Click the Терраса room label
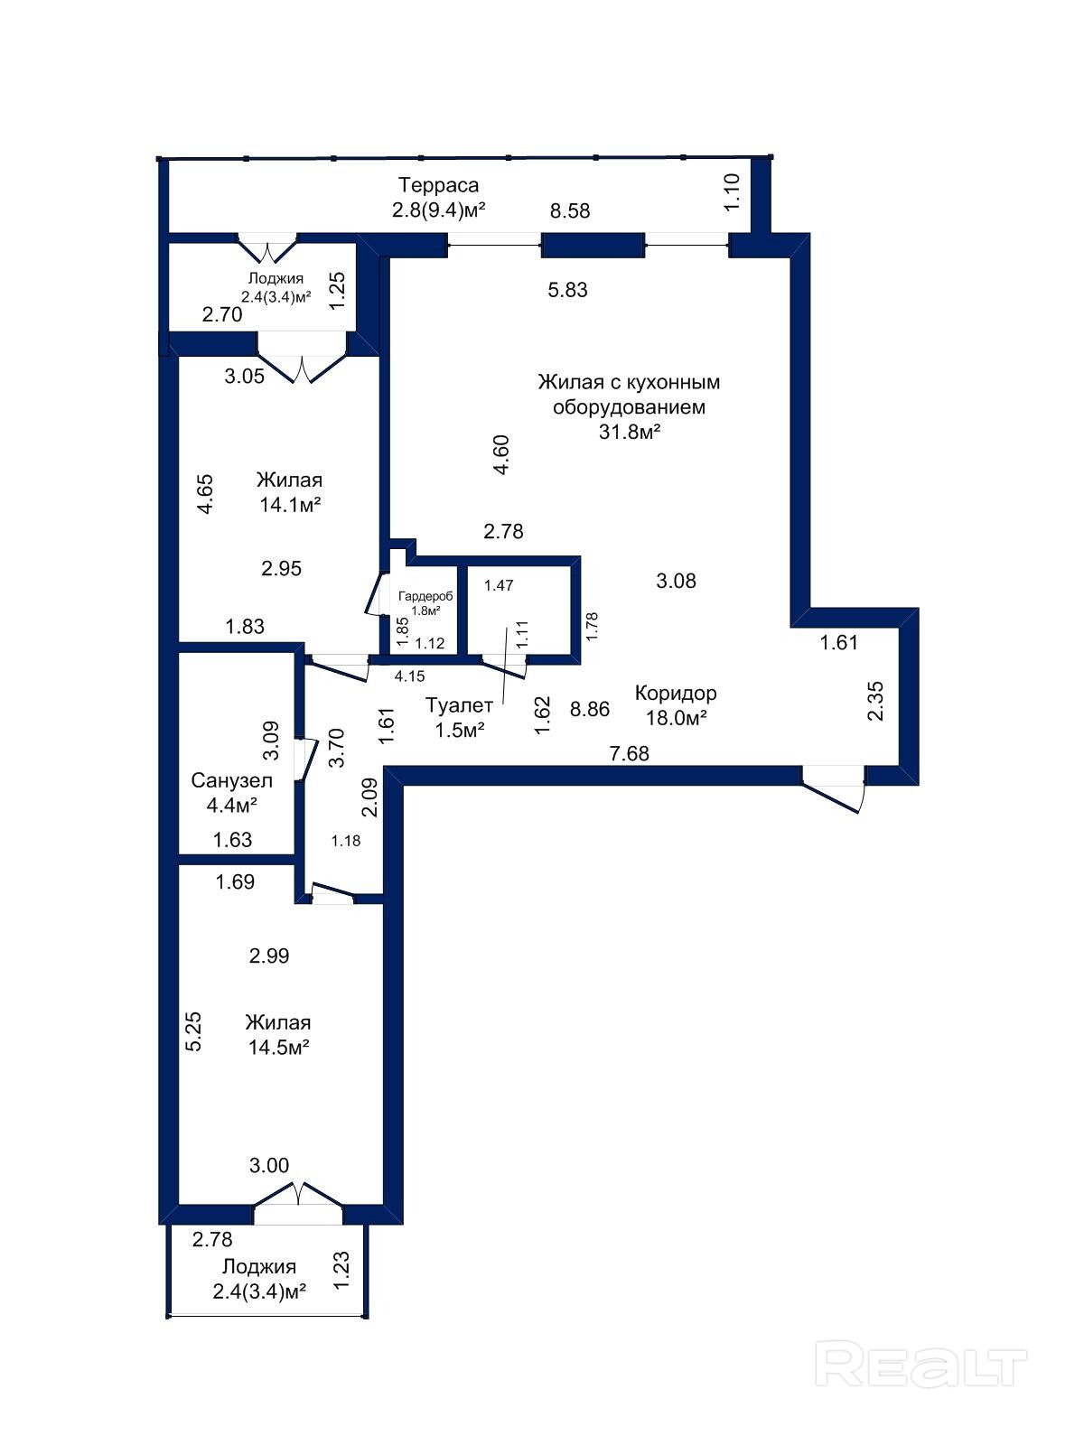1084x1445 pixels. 438,186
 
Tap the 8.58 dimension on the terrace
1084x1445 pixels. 570,210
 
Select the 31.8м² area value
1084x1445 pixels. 630,432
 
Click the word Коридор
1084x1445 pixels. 676,694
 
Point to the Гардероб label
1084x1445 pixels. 425,596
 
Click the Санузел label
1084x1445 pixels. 231,781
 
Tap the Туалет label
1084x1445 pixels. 459,705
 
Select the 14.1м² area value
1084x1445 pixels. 290,505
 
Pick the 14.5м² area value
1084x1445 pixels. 278,1047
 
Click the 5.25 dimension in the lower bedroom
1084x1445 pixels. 192,1031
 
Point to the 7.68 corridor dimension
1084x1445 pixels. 630,753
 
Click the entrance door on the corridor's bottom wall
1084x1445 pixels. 833,789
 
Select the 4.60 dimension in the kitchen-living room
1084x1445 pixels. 501,455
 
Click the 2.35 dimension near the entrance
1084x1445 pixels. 875,702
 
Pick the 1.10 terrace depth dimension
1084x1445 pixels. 732,191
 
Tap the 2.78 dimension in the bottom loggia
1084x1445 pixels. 212,1240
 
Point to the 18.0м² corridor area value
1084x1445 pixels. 676,718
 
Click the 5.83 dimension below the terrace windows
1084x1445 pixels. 567,290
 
